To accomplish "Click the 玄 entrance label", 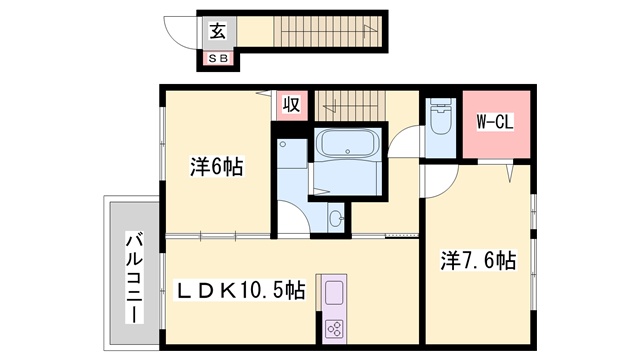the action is point(218,31).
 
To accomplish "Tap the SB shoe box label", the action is point(218,58).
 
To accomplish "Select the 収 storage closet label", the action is point(292,104).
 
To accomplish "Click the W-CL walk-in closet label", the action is point(495,122).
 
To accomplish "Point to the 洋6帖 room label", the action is point(216,167).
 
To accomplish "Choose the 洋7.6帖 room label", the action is point(478,260).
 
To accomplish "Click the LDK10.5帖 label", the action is point(240,290).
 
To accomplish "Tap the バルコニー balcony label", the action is point(134,278).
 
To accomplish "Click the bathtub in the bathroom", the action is point(347,144).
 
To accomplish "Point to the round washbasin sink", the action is point(337,219).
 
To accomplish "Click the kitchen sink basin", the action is point(334,293).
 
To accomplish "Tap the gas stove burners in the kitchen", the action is point(334,329).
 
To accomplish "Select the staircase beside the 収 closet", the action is point(350,106).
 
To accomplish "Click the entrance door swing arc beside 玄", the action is point(180,33).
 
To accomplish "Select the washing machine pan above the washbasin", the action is point(292,153).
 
